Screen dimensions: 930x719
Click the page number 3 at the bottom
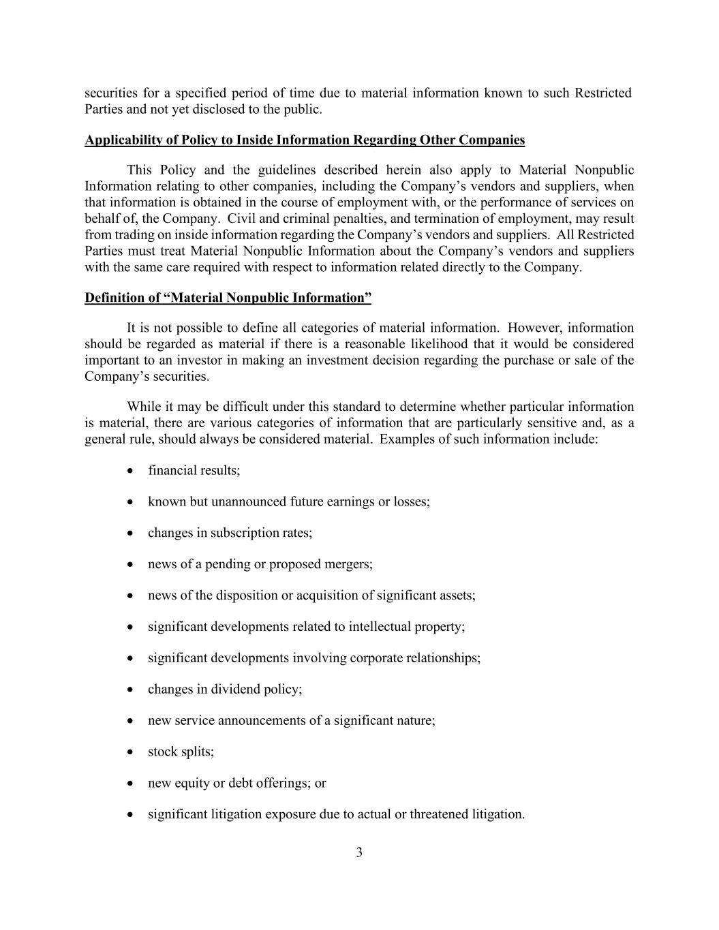tap(359, 852)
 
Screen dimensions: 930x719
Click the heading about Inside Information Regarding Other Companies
tap(305, 140)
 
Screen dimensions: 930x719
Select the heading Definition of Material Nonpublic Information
tap(228, 298)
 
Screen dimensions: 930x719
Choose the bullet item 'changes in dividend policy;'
tap(225, 689)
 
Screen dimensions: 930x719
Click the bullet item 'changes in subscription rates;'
tap(230, 533)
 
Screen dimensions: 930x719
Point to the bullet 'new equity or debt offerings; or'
tap(236, 783)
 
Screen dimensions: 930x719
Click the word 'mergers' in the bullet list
tap(351, 564)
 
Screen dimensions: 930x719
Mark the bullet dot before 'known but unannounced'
tap(130, 502)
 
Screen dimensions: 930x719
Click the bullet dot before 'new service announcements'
tap(130, 721)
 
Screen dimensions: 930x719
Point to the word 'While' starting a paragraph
tap(144, 407)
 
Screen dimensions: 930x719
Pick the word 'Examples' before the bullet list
tap(405, 439)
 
